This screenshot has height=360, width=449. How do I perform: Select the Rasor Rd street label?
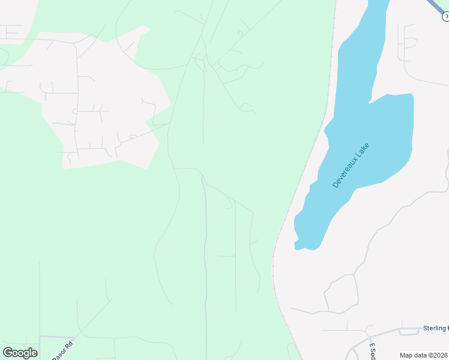[62, 350]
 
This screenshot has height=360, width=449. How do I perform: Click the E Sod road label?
[372, 351]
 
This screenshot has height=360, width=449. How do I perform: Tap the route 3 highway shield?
[445, 17]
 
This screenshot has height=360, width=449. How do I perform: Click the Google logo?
[20, 353]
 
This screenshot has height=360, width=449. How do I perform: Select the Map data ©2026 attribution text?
[424, 355]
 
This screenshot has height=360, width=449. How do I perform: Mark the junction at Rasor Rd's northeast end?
[77, 337]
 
